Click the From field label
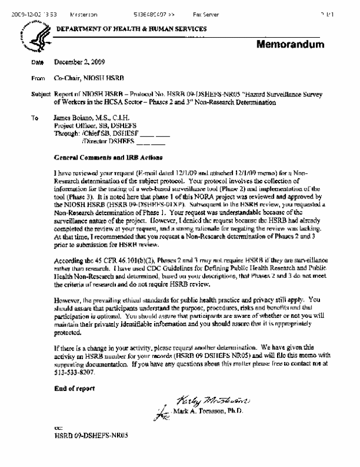pos(38,77)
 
